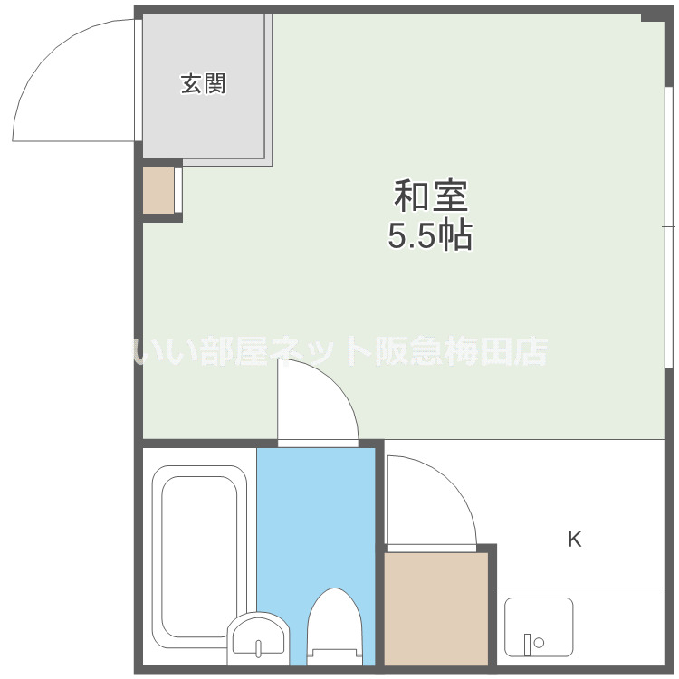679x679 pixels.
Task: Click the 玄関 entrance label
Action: (x=203, y=85)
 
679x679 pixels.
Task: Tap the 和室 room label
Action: (x=430, y=196)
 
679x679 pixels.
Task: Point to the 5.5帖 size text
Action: (x=430, y=236)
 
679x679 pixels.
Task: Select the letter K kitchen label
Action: (x=574, y=540)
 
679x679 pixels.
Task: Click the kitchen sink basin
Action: (x=539, y=626)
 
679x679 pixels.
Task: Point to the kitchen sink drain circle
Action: (x=539, y=643)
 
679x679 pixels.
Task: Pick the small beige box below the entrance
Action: (x=158, y=189)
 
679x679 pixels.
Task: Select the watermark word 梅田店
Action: (x=507, y=350)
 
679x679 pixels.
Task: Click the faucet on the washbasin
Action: (x=259, y=646)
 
